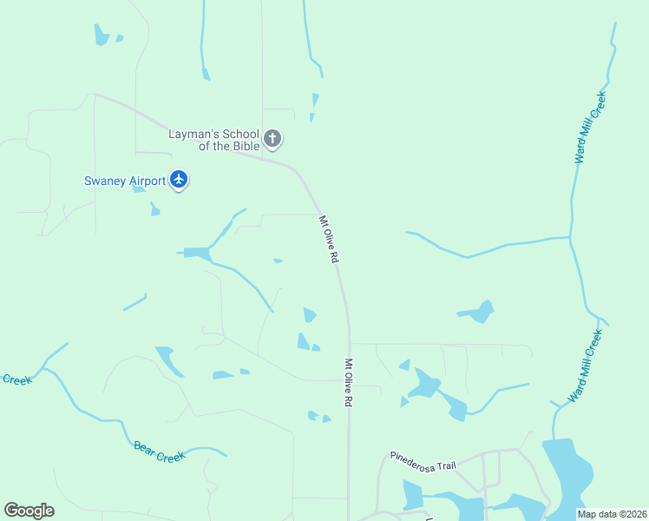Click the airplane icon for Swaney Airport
tap(179, 180)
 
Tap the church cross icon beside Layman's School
tap(272, 138)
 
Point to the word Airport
tap(147, 181)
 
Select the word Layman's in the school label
tap(193, 134)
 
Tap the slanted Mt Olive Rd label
tap(329, 240)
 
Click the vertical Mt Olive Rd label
tap(349, 384)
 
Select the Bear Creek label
tap(160, 452)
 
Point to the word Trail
tap(445, 465)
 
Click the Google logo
tap(29, 511)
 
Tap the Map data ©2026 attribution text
tap(611, 514)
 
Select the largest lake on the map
tap(567, 476)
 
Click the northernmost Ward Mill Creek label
tap(590, 127)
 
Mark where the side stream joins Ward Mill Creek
tap(570, 236)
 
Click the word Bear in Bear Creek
tap(144, 447)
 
